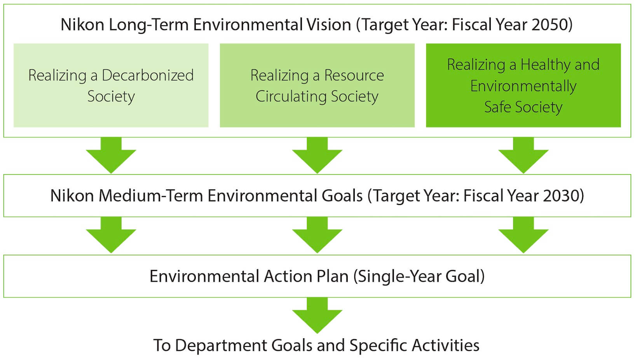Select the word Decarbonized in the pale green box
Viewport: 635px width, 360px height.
pyautogui.click(x=147, y=75)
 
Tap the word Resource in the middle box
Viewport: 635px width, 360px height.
pyautogui.click(x=354, y=75)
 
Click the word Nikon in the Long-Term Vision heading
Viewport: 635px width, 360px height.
pyautogui.click(x=82, y=24)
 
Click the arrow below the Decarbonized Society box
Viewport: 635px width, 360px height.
pyautogui.click(x=111, y=155)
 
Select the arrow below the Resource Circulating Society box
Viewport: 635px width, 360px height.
pyautogui.click(x=317, y=155)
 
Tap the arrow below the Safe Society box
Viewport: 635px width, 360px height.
pyautogui.click(x=523, y=155)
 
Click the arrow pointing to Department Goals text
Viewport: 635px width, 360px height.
pyautogui.click(x=317, y=315)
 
